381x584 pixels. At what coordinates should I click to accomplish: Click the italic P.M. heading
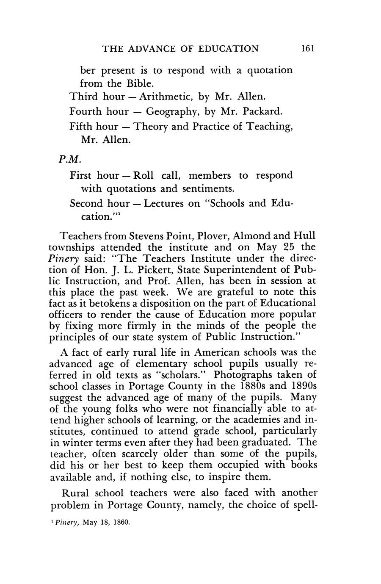(x=69, y=160)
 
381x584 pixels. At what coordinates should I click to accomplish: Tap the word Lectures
(x=163, y=203)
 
